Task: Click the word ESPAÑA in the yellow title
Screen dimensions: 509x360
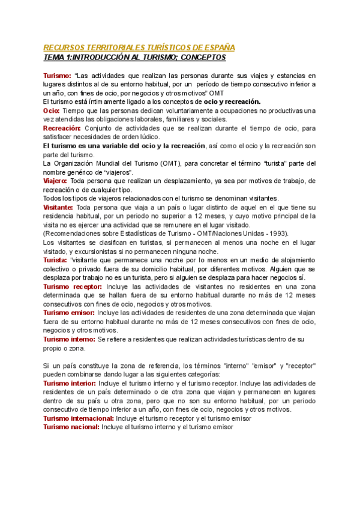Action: pyautogui.click(x=218, y=47)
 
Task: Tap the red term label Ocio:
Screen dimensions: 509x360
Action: pyautogui.click(x=52, y=111)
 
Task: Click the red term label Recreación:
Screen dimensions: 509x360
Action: pyautogui.click(x=62, y=128)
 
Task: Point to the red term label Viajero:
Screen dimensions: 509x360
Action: pyautogui.click(x=55, y=181)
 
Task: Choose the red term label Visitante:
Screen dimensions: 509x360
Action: pyautogui.click(x=58, y=207)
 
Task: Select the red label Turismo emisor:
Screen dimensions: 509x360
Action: pyautogui.click(x=67, y=313)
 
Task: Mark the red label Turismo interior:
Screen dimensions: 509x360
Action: pyautogui.click(x=70, y=383)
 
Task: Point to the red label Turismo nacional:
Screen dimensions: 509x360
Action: pyautogui.click(x=71, y=427)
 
